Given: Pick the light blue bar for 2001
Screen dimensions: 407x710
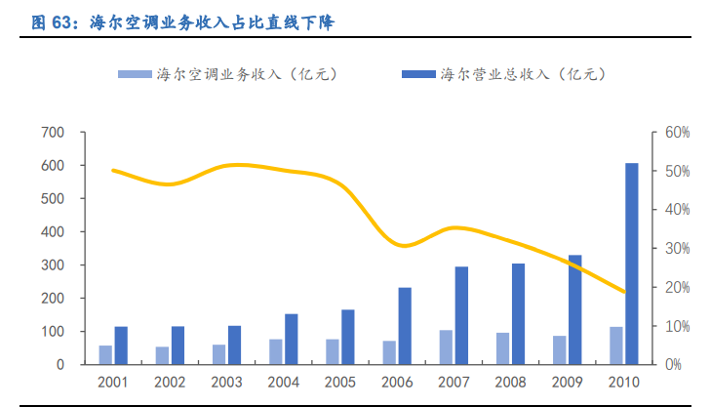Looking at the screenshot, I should click(x=105, y=355).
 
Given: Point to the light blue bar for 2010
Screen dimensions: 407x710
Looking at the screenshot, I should click(x=616, y=346).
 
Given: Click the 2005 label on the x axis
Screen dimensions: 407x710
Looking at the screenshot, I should click(x=340, y=382).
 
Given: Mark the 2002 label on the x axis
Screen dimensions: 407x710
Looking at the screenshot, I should click(x=170, y=382).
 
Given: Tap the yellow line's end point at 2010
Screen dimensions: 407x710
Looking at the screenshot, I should click(x=624, y=292).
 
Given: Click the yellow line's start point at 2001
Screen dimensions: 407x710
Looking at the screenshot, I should click(x=113, y=171).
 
